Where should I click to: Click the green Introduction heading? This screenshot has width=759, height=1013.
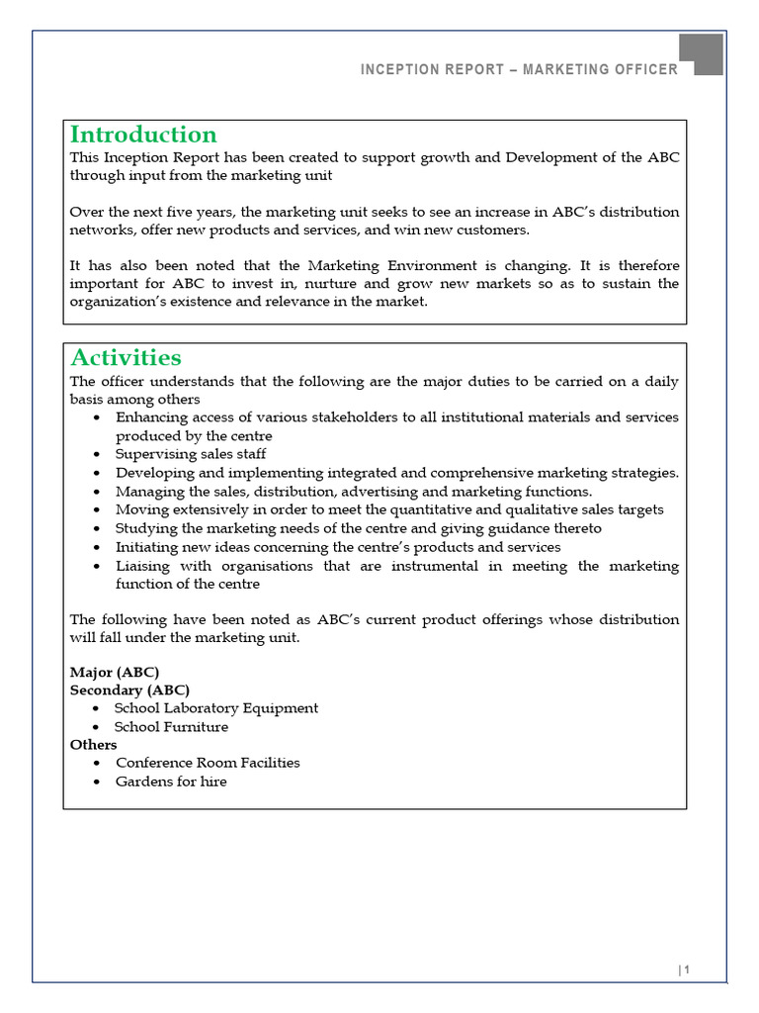[x=143, y=135]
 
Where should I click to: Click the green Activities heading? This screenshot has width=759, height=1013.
[x=126, y=357]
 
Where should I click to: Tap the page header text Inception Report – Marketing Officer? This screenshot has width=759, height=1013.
[x=519, y=69]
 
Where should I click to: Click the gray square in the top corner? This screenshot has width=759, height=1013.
[x=701, y=53]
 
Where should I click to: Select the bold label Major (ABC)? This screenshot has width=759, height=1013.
[x=115, y=672]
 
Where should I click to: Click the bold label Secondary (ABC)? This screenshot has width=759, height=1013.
[x=129, y=690]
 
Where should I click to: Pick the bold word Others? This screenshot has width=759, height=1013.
[x=93, y=744]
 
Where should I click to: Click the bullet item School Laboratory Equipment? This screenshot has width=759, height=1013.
[x=216, y=708]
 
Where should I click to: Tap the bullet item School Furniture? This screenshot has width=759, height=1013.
[x=171, y=726]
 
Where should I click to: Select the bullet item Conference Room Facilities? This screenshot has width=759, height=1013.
[x=208, y=763]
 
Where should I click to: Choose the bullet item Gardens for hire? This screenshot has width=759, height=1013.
[x=171, y=782]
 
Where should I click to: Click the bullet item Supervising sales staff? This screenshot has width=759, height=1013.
[x=191, y=454]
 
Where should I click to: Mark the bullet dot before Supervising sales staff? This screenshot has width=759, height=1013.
[x=96, y=455]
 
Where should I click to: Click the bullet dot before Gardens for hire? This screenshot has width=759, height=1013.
[x=96, y=783]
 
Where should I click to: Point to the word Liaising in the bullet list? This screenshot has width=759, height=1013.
[x=142, y=566]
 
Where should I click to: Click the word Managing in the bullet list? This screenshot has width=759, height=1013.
[x=147, y=491]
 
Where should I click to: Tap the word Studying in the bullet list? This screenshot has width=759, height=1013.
[x=144, y=528]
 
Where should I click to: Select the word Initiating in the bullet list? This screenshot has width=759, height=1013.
[x=146, y=547]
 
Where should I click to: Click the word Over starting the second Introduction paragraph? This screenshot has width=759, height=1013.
[x=85, y=212]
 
